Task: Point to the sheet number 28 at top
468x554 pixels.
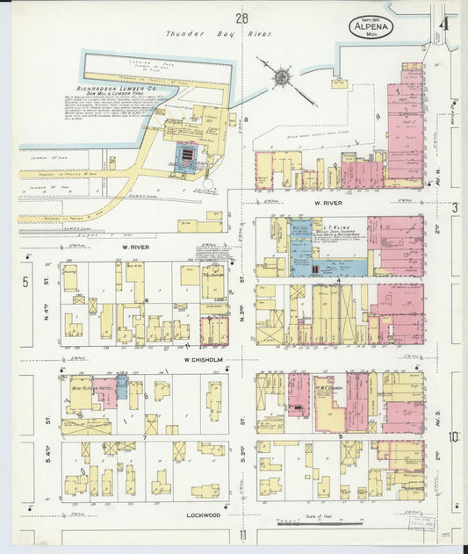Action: tap(241, 17)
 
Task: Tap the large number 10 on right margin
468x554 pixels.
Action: tap(453, 436)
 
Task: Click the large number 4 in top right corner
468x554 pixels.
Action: tap(447, 24)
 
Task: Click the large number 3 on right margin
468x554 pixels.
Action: tap(455, 207)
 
